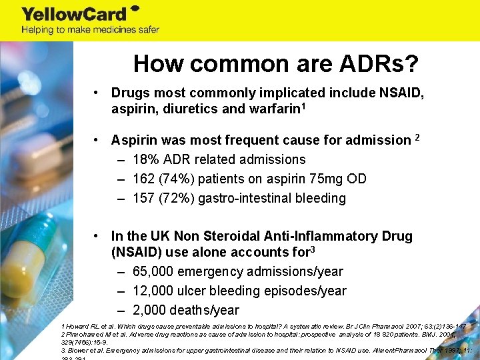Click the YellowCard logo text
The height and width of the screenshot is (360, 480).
coord(73,13)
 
